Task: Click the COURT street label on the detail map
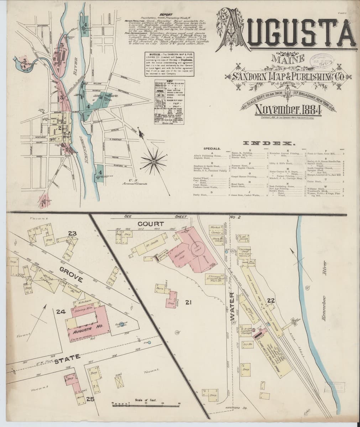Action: (x=151, y=224)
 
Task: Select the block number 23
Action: (x=73, y=234)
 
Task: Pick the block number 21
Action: (x=189, y=302)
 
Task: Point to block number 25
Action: (x=90, y=399)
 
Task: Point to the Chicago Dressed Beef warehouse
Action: (x=216, y=280)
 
